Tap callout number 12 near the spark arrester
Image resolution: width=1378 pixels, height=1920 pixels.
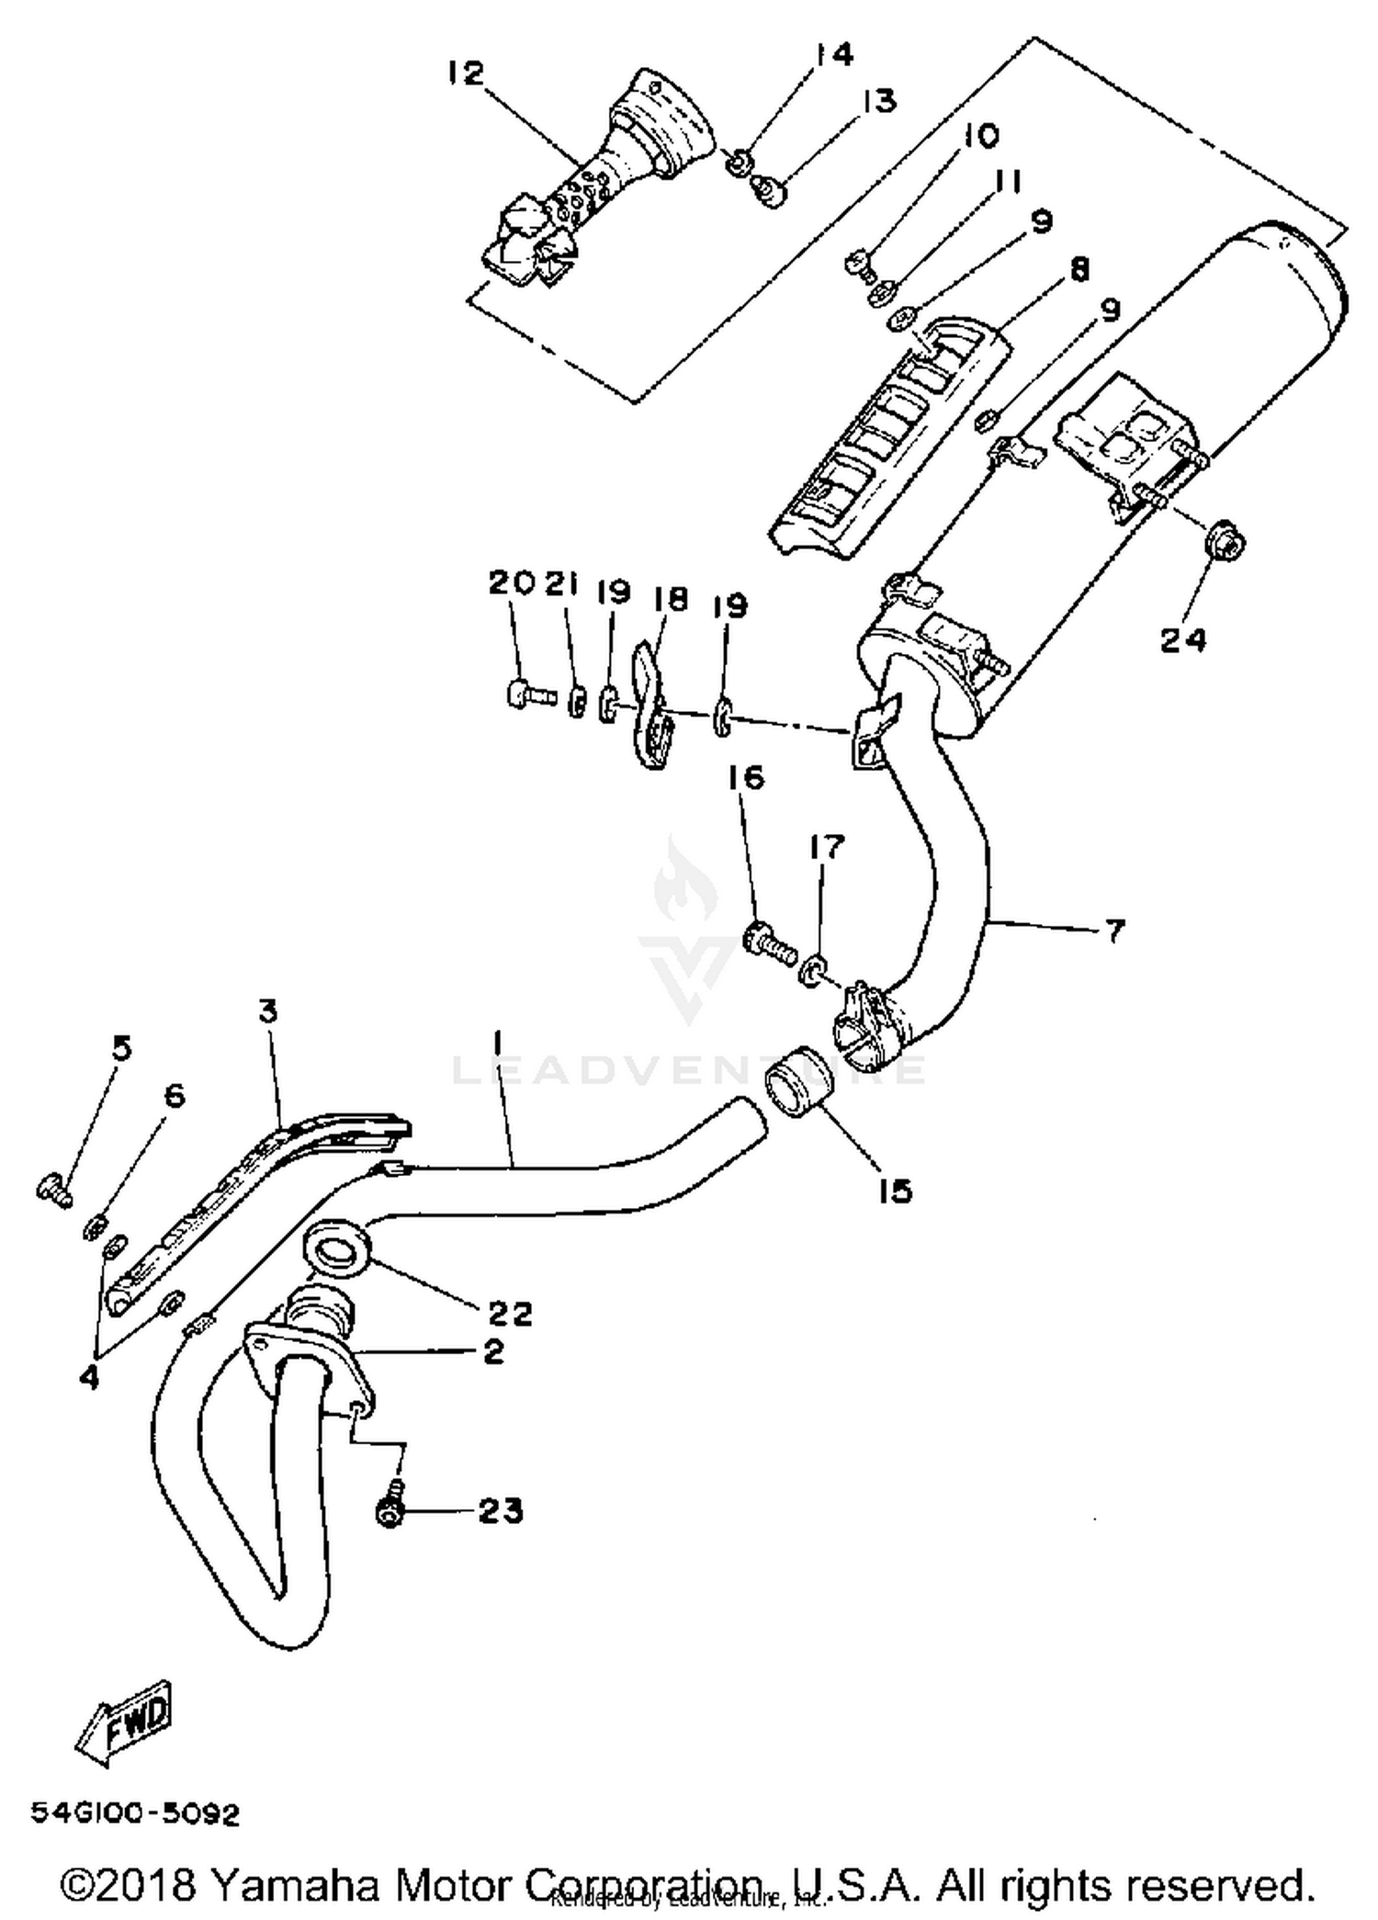(466, 73)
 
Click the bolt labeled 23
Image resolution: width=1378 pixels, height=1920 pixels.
(390, 1513)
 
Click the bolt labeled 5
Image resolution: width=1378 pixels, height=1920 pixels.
(54, 1192)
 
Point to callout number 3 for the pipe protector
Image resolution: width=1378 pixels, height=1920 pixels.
(268, 1012)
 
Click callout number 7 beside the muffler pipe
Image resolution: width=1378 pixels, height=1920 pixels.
(1113, 932)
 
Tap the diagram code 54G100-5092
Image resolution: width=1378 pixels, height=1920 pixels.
(136, 1814)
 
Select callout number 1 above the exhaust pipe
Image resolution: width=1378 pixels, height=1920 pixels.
(497, 1043)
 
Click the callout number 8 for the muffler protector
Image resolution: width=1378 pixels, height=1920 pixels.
(1078, 270)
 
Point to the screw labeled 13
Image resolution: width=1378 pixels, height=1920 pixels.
(767, 191)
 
